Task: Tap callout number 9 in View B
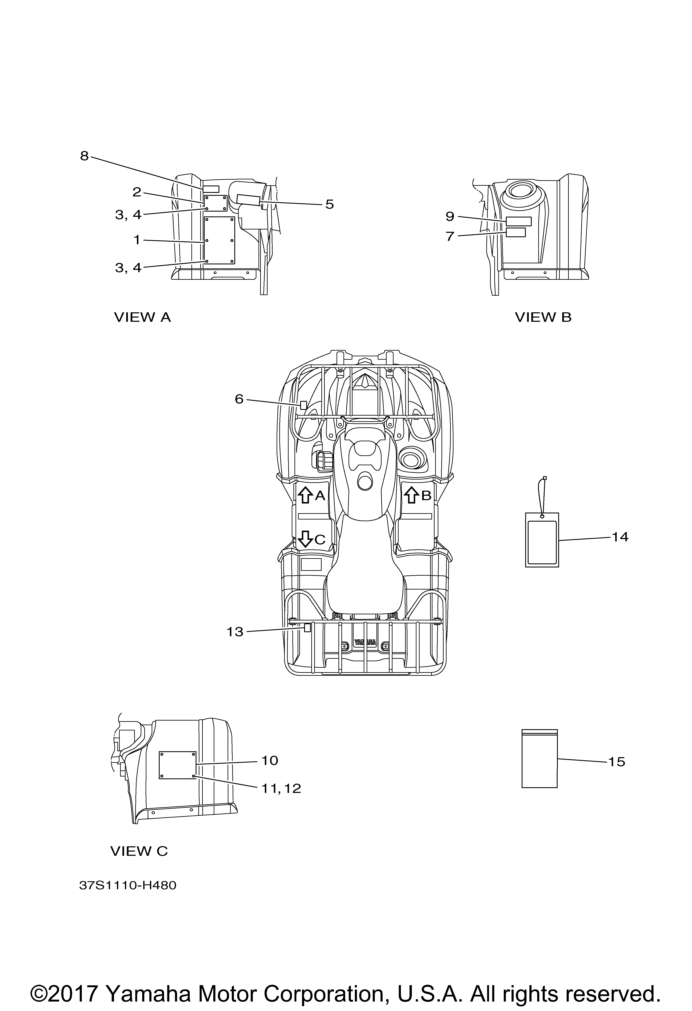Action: coord(450,216)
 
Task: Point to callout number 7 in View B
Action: coord(450,237)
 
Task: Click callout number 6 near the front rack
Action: coord(239,399)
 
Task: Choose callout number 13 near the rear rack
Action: coord(235,632)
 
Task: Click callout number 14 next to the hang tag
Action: coord(620,537)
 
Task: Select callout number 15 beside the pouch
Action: coord(616,762)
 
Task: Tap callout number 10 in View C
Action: coord(270,761)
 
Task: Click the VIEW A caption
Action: coord(143,318)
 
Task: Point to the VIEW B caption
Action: coord(543,318)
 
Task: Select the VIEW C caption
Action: coord(139,851)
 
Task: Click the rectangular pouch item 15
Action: coord(539,759)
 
